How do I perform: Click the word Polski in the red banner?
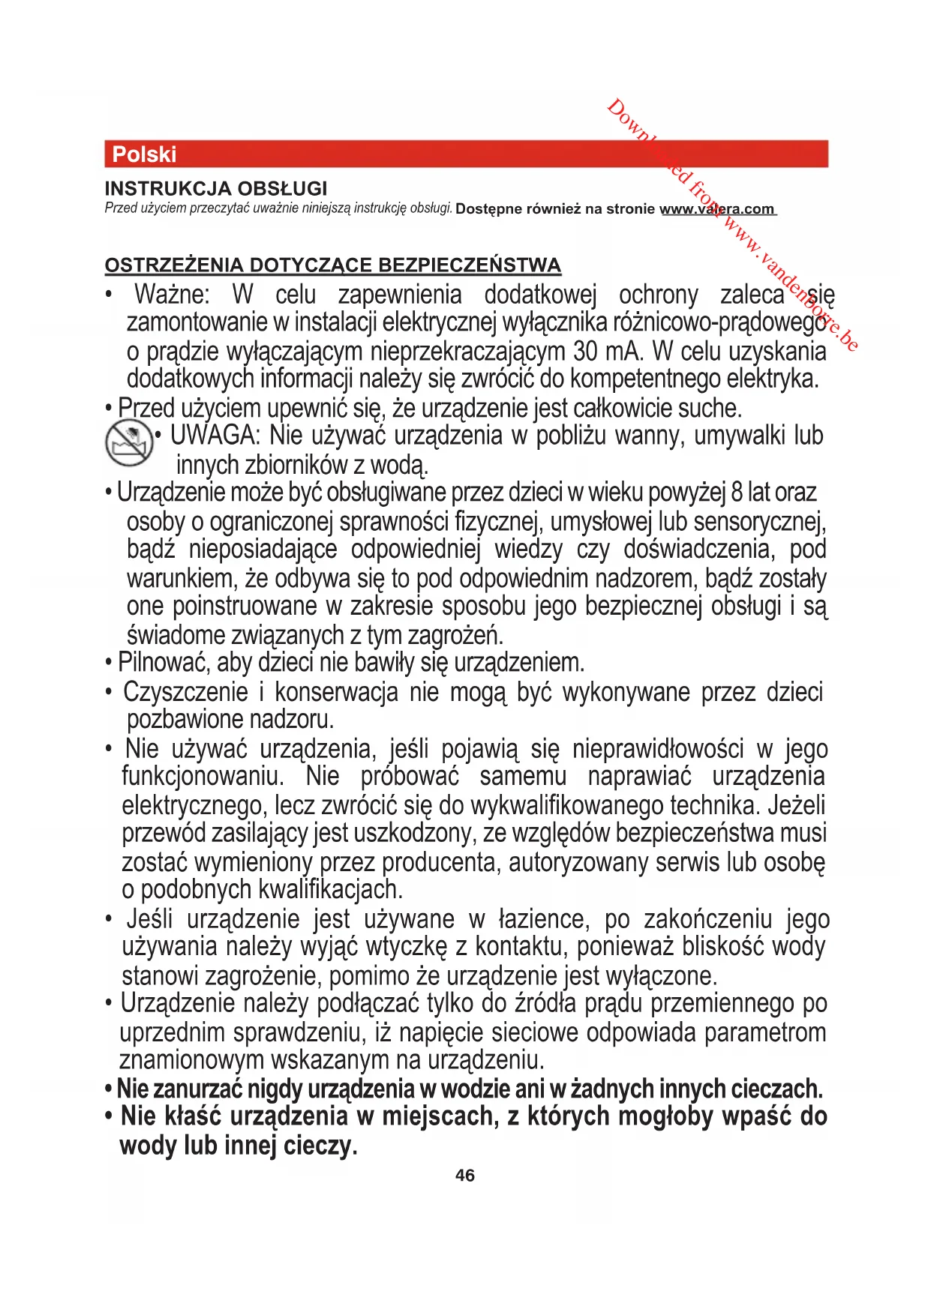click(x=144, y=154)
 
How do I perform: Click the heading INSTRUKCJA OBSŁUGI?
click(x=216, y=188)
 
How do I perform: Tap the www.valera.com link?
click(x=717, y=209)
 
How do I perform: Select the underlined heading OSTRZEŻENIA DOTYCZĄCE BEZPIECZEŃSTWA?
click(x=333, y=265)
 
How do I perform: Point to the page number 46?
click(x=465, y=1175)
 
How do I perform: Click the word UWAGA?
click(x=214, y=436)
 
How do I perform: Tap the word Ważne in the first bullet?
click(x=172, y=295)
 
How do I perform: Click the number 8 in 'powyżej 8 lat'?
click(x=736, y=493)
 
